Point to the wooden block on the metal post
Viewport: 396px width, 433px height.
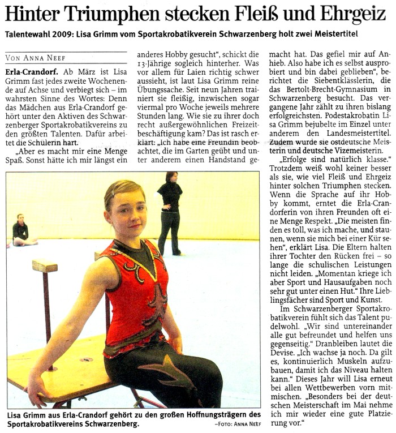[45, 265]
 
